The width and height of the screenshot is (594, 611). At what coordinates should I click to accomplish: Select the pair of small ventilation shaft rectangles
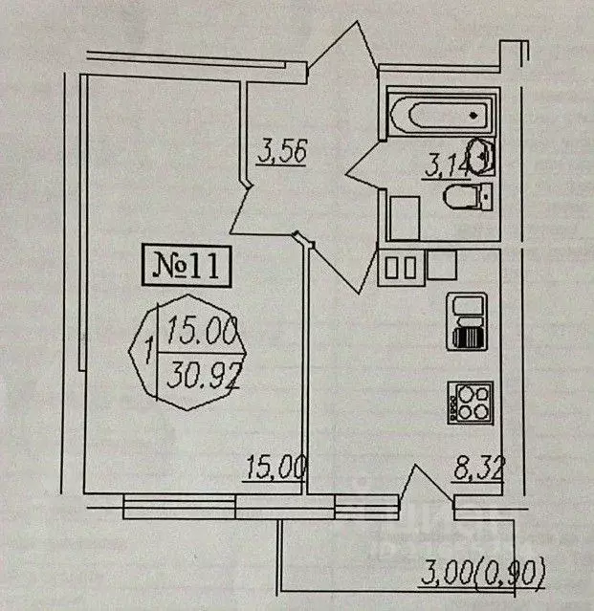click(x=399, y=266)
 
